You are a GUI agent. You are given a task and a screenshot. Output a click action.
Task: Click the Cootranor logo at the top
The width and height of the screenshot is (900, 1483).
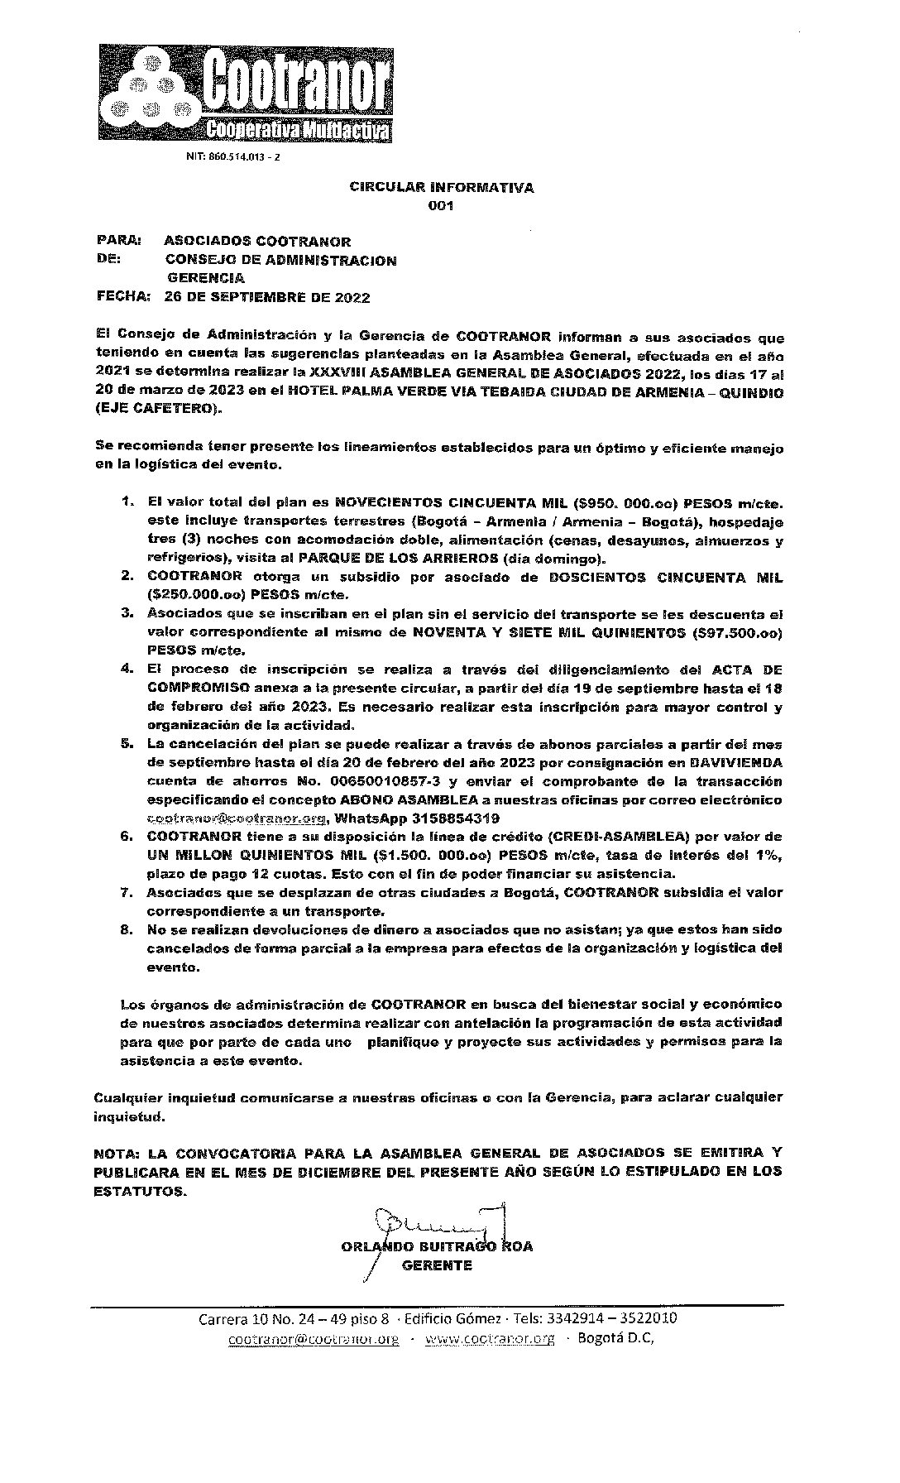click(246, 93)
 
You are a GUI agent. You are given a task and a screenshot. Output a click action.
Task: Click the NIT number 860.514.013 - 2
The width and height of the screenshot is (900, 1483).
click(232, 157)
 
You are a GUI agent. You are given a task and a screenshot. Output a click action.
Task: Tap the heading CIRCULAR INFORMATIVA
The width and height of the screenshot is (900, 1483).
click(441, 188)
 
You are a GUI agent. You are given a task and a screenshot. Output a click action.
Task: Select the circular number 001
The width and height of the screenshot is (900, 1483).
click(441, 207)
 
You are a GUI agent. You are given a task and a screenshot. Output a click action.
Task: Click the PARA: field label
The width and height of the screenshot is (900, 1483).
click(119, 241)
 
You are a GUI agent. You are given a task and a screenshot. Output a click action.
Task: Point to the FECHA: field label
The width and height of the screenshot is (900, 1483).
click(123, 296)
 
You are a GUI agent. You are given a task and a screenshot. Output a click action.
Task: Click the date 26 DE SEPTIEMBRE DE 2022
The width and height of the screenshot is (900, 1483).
click(267, 297)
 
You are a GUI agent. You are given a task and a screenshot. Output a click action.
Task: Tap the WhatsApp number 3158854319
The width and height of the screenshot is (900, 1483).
click(452, 818)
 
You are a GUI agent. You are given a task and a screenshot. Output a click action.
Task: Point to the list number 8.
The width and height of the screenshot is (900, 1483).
click(127, 929)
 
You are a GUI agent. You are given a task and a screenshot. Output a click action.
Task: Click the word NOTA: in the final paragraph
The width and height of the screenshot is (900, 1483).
click(117, 1153)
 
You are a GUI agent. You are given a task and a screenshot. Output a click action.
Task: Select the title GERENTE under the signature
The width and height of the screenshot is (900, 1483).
click(437, 1265)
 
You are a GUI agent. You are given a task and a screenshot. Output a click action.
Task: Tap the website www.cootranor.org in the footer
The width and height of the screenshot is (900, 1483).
click(489, 1340)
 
